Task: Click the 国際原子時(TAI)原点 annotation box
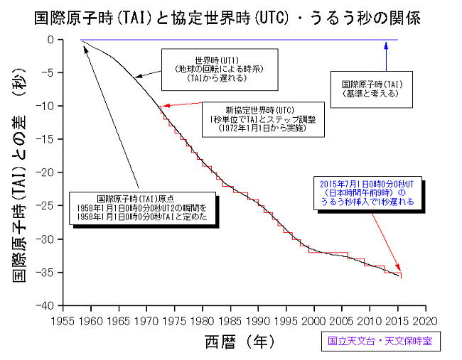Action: click(x=142, y=209)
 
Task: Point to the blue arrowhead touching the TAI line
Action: click(x=386, y=44)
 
